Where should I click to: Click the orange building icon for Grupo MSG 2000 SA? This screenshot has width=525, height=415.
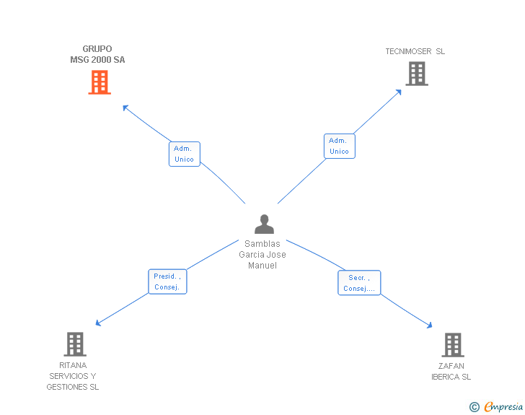[100, 82]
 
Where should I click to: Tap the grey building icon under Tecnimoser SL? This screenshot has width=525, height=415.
[417, 74]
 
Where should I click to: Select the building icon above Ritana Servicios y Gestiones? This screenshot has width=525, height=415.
[75, 344]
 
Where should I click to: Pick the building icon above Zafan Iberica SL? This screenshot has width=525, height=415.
[453, 344]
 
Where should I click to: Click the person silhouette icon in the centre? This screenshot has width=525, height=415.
[264, 224]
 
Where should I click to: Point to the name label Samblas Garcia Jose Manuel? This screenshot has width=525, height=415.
[262, 255]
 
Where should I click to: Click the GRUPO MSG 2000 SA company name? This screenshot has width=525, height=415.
[97, 54]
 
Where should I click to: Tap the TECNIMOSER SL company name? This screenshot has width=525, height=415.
[415, 51]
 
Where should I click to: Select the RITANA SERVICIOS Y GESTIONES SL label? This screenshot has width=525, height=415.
[73, 376]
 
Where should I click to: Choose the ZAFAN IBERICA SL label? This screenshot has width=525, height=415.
[451, 371]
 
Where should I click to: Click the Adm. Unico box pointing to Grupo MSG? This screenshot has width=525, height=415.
[185, 154]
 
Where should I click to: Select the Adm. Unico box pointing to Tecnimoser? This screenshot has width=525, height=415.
[340, 146]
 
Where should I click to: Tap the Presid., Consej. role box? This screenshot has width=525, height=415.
[167, 281]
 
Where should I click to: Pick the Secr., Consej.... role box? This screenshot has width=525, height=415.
[359, 283]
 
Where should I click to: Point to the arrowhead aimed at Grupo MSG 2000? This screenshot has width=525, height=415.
[125, 108]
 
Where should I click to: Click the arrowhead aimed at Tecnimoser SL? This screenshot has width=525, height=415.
[399, 92]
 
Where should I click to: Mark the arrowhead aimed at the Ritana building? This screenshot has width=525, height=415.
[98, 323]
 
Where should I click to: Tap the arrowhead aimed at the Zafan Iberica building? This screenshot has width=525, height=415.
[430, 326]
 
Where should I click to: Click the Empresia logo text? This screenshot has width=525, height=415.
[503, 406]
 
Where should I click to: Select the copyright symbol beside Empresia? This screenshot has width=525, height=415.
[475, 407]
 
